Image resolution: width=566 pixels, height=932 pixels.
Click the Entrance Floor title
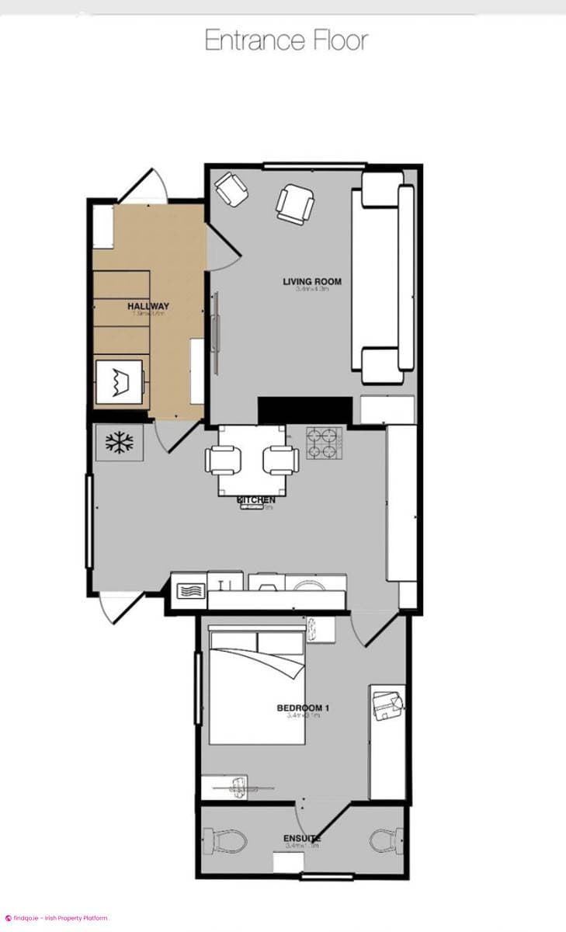pyautogui.click(x=286, y=40)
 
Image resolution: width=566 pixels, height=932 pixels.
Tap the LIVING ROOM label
pyautogui.click(x=312, y=281)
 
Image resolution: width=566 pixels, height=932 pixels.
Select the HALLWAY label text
pyautogui.click(x=148, y=306)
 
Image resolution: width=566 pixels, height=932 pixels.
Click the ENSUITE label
pyautogui.click(x=301, y=839)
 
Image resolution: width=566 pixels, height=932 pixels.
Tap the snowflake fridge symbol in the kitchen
pyautogui.click(x=119, y=443)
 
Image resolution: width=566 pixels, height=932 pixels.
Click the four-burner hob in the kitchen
pyautogui.click(x=324, y=443)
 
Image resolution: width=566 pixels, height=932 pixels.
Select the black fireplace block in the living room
pyautogui.click(x=304, y=410)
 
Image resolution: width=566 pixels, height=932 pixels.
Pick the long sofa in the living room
pyautogui.click(x=384, y=278)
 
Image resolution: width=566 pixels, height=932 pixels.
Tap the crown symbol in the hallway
pyautogui.click(x=120, y=383)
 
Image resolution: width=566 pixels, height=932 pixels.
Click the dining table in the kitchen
pyautogui.click(x=252, y=460)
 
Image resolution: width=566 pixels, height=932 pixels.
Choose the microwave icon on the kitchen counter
pyautogui.click(x=188, y=590)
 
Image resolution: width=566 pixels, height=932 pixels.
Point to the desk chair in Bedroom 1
pyautogui.click(x=387, y=705)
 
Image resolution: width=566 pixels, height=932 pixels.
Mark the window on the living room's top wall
pyautogui.click(x=314, y=165)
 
